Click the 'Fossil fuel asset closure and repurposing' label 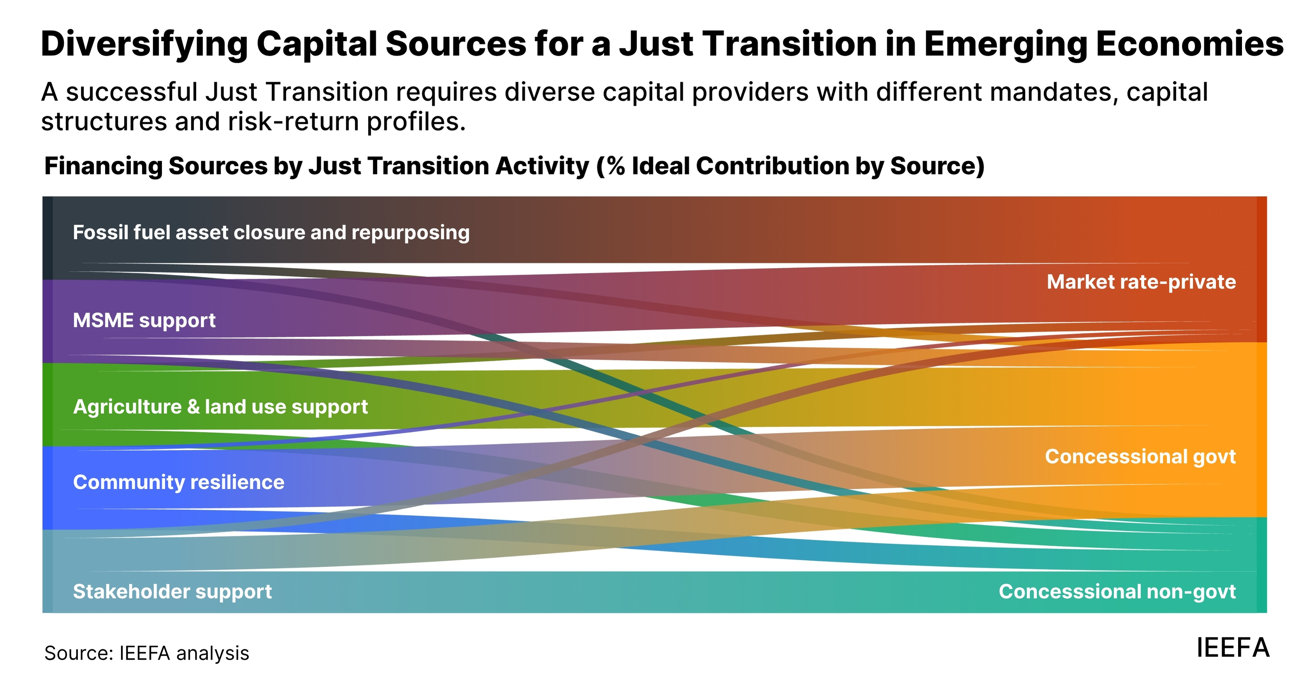pyautogui.click(x=271, y=233)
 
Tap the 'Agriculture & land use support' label pyautogui.click(x=220, y=406)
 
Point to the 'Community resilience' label pyautogui.click(x=179, y=482)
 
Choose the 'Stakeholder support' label pyautogui.click(x=172, y=592)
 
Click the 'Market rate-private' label pyautogui.click(x=1141, y=281)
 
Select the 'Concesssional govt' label pyautogui.click(x=1140, y=457)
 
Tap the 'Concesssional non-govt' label pyautogui.click(x=1117, y=592)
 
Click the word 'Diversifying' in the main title pyautogui.click(x=144, y=44)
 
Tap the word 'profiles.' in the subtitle pyautogui.click(x=416, y=122)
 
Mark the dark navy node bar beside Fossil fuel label pyautogui.click(x=47, y=238)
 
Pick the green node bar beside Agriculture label pyautogui.click(x=47, y=404)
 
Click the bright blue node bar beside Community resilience pyautogui.click(x=47, y=488)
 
